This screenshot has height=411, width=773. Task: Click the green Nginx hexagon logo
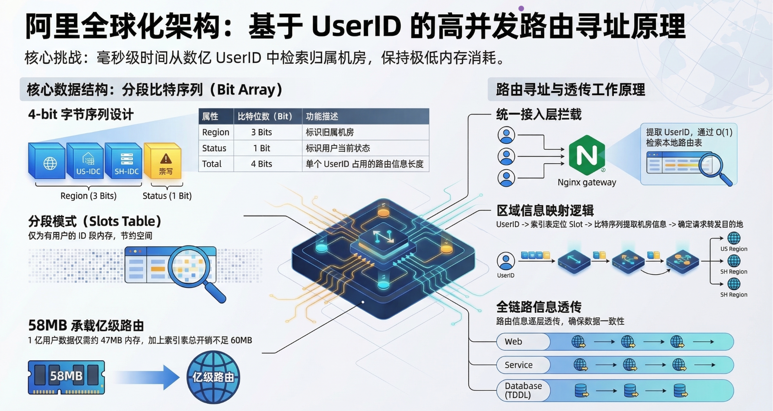click(x=586, y=155)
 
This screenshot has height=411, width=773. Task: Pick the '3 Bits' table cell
click(x=261, y=132)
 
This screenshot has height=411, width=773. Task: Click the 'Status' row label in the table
click(x=214, y=148)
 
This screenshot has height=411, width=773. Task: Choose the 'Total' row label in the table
click(x=212, y=164)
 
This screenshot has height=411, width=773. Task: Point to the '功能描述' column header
click(x=322, y=116)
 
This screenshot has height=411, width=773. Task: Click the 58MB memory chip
click(x=66, y=377)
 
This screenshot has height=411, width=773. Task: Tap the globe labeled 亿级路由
click(x=213, y=377)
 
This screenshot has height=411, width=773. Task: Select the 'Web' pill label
click(x=513, y=342)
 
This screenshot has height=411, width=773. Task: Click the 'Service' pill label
click(x=518, y=365)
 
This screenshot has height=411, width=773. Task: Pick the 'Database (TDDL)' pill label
click(x=523, y=390)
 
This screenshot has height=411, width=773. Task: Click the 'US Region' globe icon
click(x=734, y=238)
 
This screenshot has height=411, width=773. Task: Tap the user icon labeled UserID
click(x=506, y=261)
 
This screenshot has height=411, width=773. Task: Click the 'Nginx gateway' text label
click(x=587, y=182)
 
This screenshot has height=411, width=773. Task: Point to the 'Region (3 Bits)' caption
click(x=88, y=196)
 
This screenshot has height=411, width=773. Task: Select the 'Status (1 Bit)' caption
click(x=167, y=196)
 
